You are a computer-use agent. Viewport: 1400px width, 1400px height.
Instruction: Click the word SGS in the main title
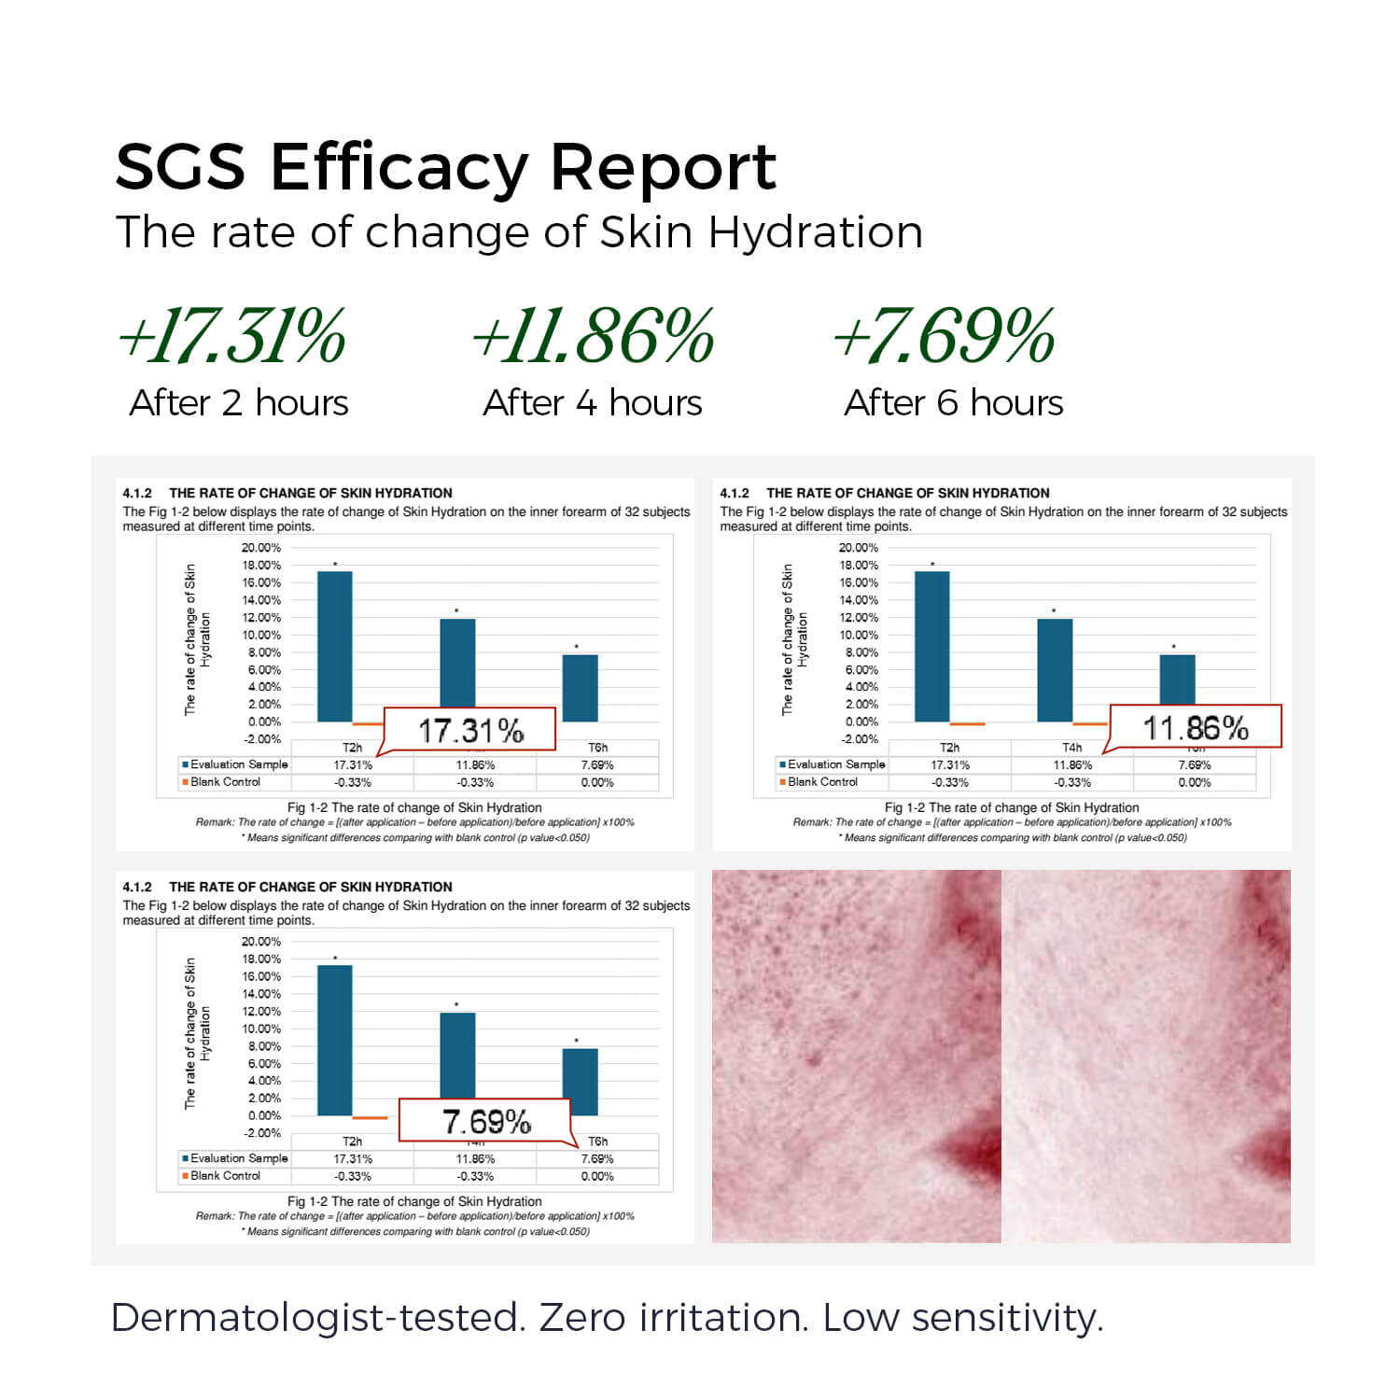point(180,168)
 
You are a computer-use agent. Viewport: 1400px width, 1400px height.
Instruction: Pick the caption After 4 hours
point(593,403)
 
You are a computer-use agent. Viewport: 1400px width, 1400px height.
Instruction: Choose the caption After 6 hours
point(953,403)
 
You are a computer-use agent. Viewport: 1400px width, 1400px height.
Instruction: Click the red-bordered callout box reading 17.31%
point(470,730)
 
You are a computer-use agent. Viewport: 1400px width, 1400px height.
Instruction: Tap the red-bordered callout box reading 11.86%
point(1196,727)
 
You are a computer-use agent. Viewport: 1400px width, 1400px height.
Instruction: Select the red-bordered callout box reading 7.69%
point(485,1121)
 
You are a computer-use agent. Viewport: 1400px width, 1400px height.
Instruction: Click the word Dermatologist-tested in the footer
point(314,1318)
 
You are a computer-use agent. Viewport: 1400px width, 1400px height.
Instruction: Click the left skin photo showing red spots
point(856,1056)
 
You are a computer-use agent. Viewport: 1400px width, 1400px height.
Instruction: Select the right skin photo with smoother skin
point(1146,1056)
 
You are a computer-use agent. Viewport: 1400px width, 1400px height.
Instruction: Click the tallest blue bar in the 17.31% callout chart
point(335,646)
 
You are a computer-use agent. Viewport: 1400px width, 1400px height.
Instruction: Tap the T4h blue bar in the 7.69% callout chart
point(457,1055)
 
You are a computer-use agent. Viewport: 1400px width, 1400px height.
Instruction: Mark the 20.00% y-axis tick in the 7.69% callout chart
point(261,942)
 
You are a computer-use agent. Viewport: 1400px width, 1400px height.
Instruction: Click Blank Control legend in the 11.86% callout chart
point(821,782)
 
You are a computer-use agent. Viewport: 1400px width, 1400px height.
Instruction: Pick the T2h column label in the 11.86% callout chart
point(949,748)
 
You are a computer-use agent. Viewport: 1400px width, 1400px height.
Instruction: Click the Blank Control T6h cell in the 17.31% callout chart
point(597,782)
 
